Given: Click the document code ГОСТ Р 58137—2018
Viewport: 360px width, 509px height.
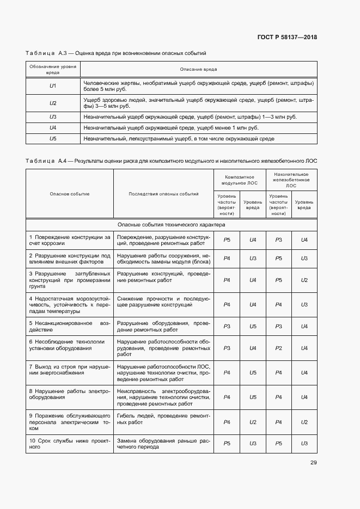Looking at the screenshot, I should tap(286, 38).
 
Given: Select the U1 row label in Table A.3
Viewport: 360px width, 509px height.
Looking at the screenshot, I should tap(53, 86).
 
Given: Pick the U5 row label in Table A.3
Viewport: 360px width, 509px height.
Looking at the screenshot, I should tap(53, 139).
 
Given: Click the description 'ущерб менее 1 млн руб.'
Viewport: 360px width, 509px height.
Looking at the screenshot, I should tap(170, 127).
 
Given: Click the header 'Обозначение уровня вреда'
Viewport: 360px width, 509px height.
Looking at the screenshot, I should tap(53, 69).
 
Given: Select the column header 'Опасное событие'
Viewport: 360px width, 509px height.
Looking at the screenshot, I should tap(70, 194).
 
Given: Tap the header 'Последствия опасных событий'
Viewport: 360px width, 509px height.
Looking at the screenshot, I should tap(163, 194).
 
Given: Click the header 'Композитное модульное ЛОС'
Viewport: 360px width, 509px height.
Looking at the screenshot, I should tap(240, 180).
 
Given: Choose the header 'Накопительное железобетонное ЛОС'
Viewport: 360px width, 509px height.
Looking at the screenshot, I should tap(291, 180).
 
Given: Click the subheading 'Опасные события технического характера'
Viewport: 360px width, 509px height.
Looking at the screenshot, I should tap(171, 224).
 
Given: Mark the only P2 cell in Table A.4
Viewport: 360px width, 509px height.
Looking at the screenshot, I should tap(278, 348).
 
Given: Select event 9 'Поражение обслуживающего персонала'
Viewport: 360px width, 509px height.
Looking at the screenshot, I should tap(70, 422).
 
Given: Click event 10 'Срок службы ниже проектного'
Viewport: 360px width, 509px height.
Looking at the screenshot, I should tap(70, 443).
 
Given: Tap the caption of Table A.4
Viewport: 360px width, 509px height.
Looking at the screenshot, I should tap(171, 161).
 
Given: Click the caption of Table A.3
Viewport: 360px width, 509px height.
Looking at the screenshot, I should tap(116, 53).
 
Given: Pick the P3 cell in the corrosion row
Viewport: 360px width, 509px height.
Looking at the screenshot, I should tap(278, 240).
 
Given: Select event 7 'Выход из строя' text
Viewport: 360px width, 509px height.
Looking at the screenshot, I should tap(70, 369).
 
